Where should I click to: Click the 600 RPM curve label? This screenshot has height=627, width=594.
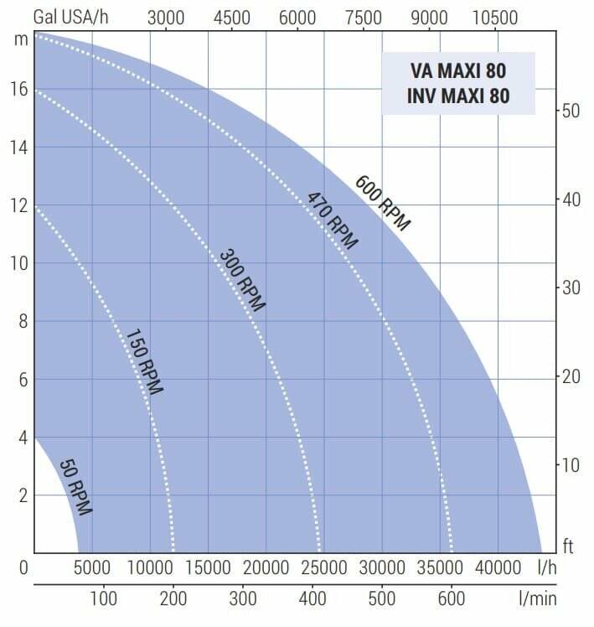(x=383, y=203)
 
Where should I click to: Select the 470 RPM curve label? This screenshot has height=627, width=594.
(x=333, y=221)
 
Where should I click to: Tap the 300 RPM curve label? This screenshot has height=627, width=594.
(x=242, y=280)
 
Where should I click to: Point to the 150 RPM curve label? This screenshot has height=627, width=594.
(x=143, y=361)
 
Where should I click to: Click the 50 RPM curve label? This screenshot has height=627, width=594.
(x=75, y=486)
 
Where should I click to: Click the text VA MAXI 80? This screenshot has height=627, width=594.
(x=458, y=70)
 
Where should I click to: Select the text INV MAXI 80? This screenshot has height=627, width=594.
(x=458, y=96)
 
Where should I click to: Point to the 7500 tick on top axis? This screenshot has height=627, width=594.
(x=364, y=18)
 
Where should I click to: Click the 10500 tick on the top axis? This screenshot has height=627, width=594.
(x=495, y=18)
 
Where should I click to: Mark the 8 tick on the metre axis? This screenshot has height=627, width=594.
(x=23, y=321)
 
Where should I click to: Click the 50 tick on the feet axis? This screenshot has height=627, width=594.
(x=571, y=111)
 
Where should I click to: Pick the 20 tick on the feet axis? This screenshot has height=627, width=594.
(x=571, y=376)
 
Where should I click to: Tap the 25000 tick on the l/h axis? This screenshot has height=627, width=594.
(x=323, y=567)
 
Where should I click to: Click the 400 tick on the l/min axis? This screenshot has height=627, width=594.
(x=312, y=599)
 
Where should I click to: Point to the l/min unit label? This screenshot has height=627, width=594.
(x=536, y=599)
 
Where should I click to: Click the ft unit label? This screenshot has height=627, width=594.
(x=567, y=547)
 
